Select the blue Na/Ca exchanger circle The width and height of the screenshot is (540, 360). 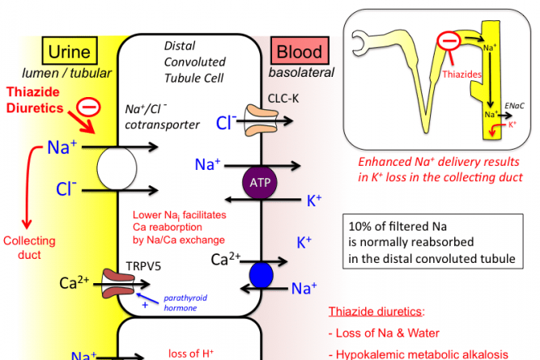coord(261,272)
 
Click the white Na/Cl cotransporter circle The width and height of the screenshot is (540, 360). coord(113,169)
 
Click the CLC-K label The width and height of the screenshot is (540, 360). coord(285,99)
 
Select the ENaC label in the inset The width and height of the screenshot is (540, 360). coord(513,105)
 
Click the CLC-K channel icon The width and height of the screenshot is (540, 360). coord(259,122)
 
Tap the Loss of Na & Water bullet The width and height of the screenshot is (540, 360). coord(385,332)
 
